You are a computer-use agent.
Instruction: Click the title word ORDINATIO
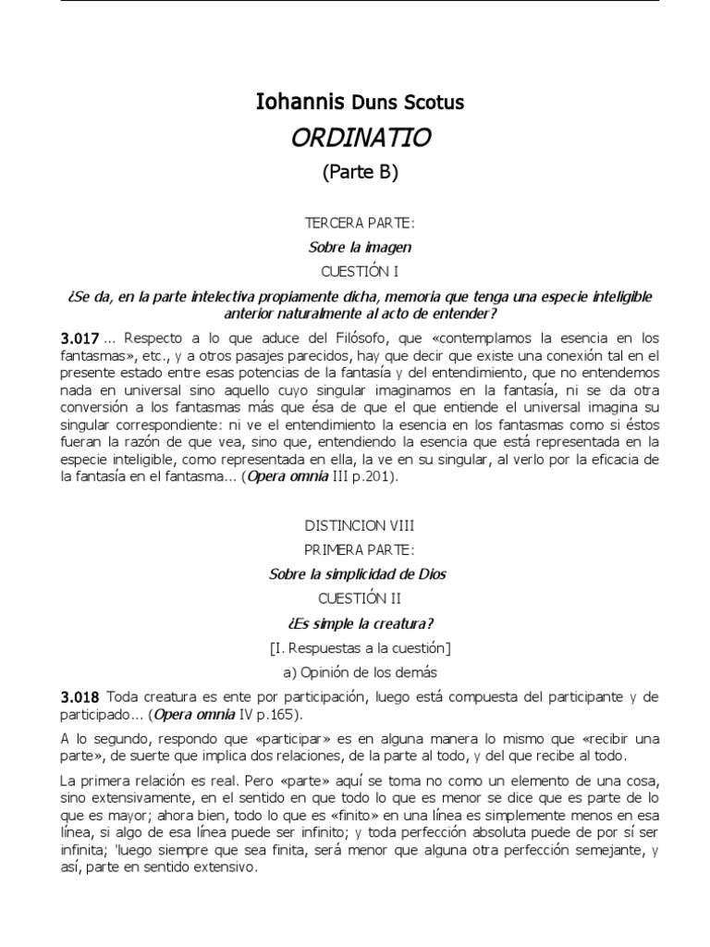coord(360,138)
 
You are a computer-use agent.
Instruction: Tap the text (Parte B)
coord(360,173)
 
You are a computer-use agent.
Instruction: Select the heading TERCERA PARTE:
coord(360,225)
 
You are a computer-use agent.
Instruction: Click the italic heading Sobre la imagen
coord(360,247)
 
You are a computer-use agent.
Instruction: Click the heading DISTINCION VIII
coord(360,525)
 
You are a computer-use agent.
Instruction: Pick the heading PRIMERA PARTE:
coord(360,550)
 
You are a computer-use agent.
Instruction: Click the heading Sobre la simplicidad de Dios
coord(357,574)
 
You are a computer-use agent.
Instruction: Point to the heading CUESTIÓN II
coord(360,598)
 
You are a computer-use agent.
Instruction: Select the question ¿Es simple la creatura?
coord(360,622)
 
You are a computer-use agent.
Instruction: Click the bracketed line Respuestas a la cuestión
coord(360,646)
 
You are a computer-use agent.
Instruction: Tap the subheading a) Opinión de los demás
coord(360,671)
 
